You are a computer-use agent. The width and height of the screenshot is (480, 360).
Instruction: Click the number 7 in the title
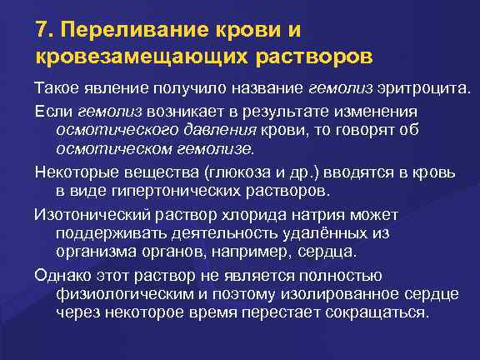(x=42, y=31)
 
